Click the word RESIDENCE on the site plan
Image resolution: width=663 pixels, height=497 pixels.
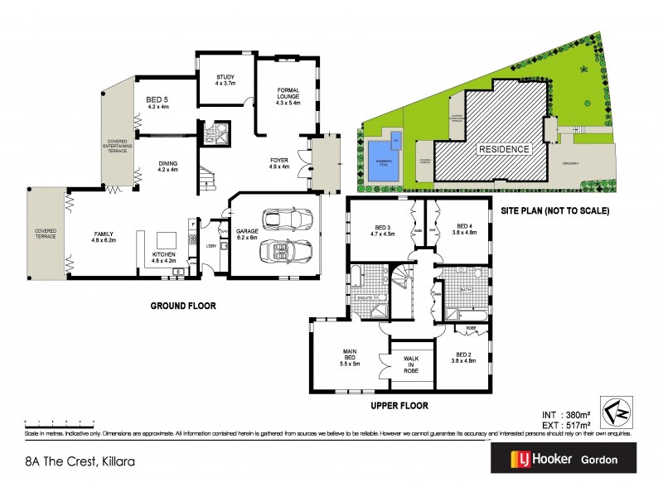pos(502,150)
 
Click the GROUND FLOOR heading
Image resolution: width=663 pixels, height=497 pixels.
pos(182,306)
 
